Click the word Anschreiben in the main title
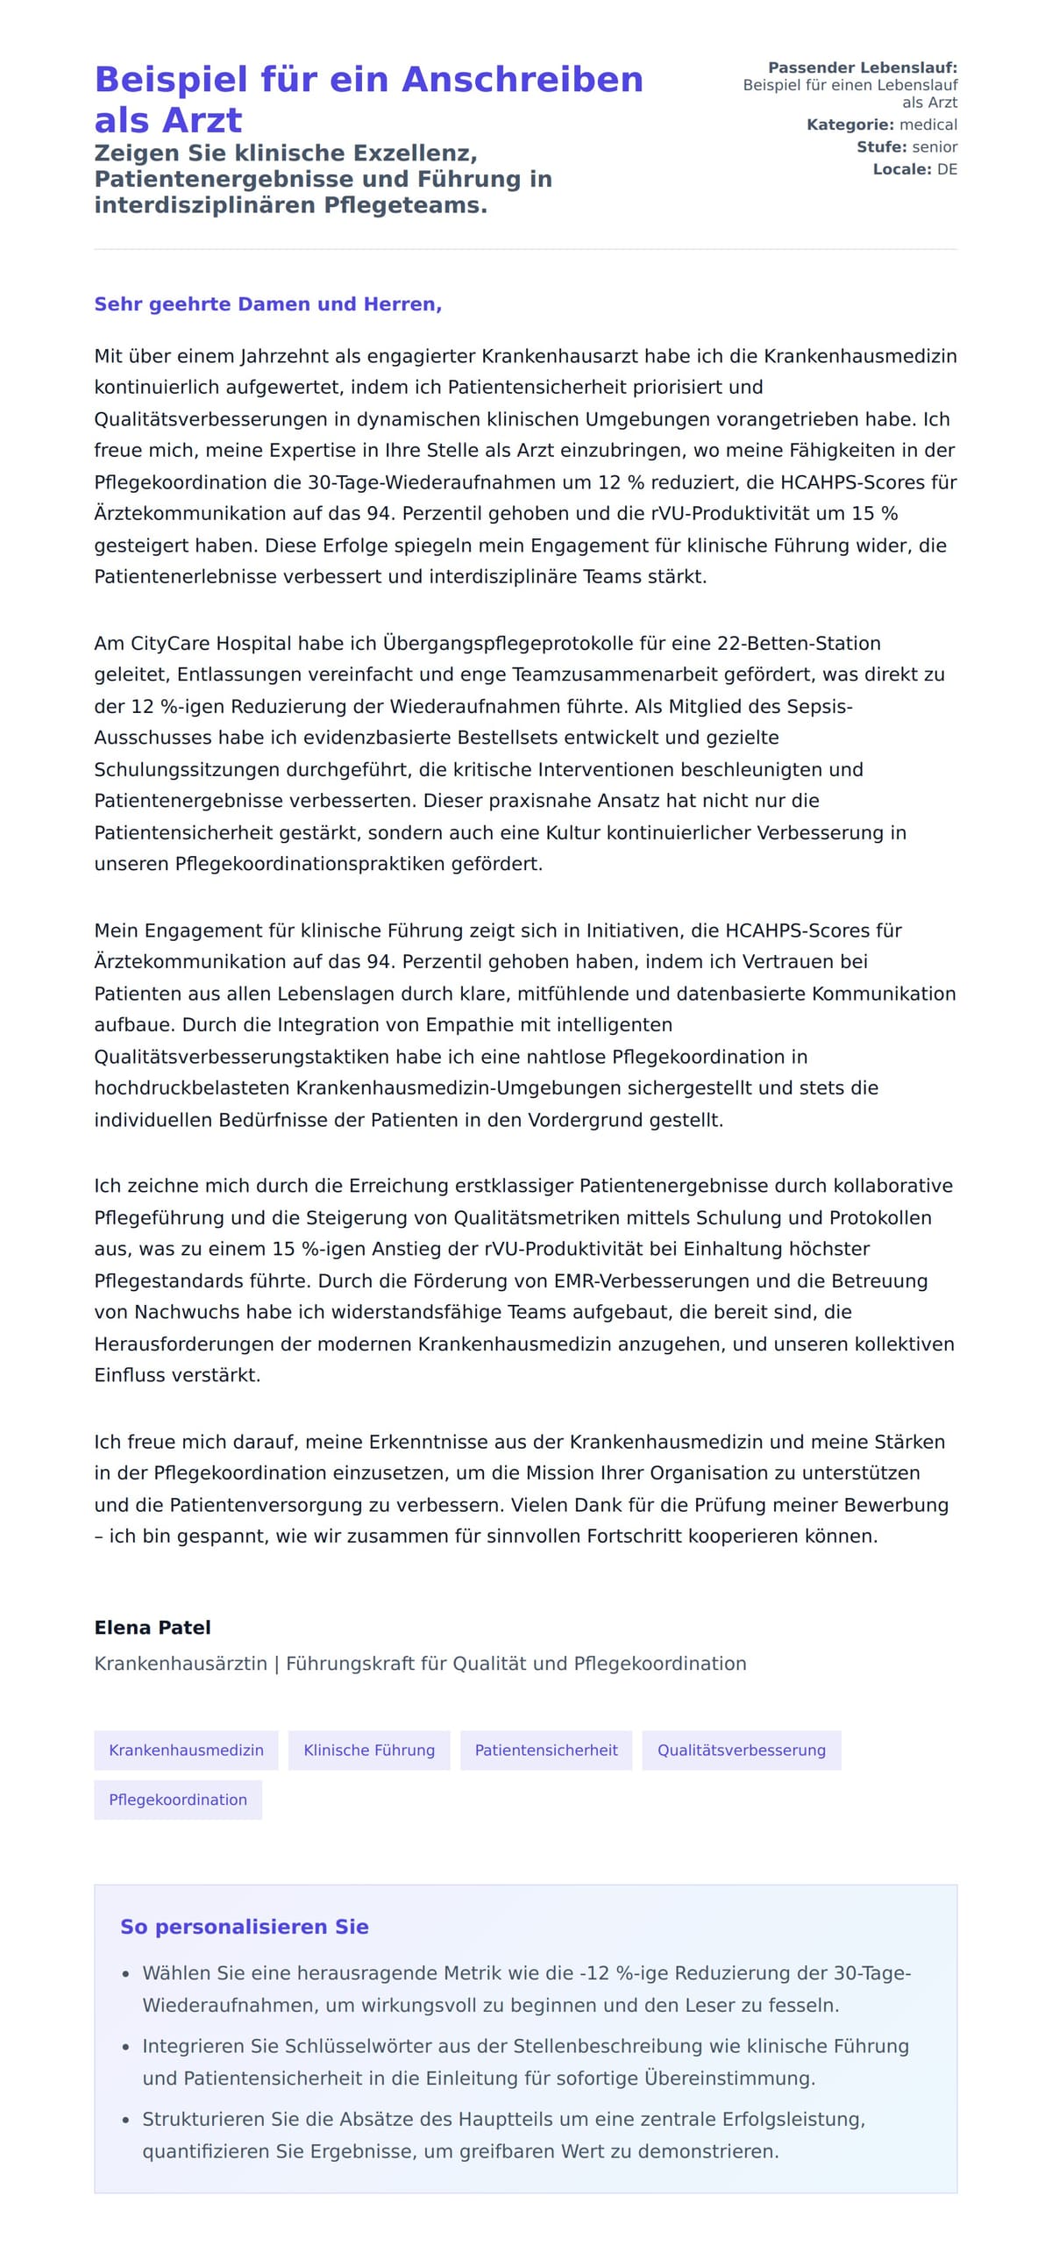pyautogui.click(x=522, y=80)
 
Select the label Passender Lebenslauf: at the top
pyautogui.click(x=862, y=68)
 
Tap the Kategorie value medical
pyautogui.click(x=928, y=125)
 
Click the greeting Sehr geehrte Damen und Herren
pyautogui.click(x=267, y=304)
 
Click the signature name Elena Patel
pyautogui.click(x=153, y=1628)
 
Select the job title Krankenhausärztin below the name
pyautogui.click(x=181, y=1664)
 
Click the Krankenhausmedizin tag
pyautogui.click(x=186, y=1750)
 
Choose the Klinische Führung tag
pyautogui.click(x=368, y=1750)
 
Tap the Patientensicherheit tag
pyautogui.click(x=545, y=1750)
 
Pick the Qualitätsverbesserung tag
pyautogui.click(x=741, y=1750)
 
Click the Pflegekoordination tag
pyautogui.click(x=178, y=1800)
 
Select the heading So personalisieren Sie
pyautogui.click(x=244, y=1927)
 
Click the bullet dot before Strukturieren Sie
pyautogui.click(x=125, y=2121)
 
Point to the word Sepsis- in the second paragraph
pyautogui.click(x=819, y=706)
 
